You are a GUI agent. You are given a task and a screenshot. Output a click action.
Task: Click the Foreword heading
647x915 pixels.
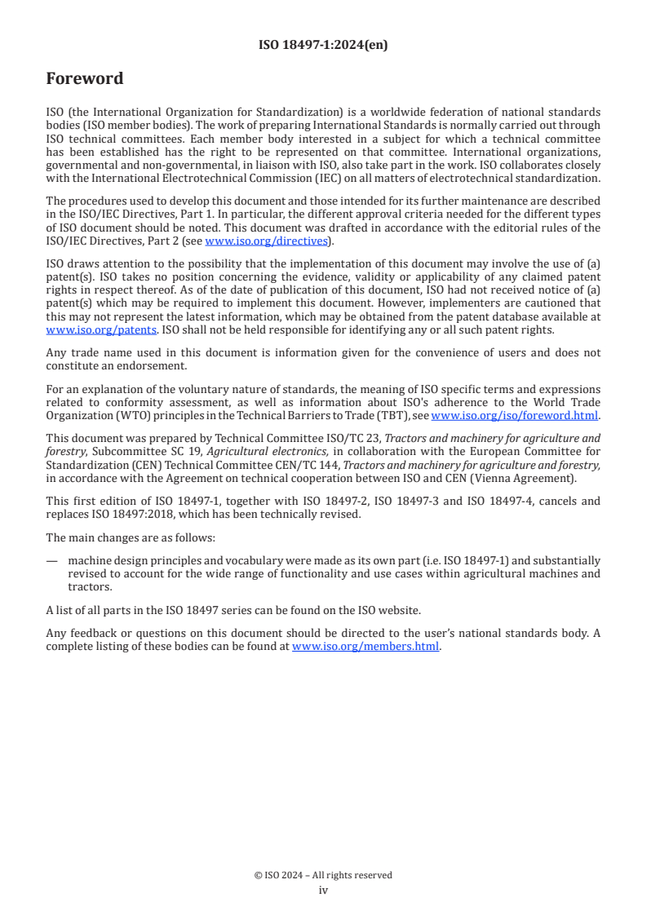coord(85,79)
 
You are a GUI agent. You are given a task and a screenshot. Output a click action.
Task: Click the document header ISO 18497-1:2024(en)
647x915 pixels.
coord(323,45)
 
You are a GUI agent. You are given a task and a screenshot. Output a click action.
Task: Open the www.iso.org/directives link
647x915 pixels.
coord(266,241)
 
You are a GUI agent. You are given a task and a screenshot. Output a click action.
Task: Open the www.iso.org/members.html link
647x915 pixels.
coord(366,646)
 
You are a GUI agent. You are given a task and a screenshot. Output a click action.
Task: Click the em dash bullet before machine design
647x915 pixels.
coord(52,560)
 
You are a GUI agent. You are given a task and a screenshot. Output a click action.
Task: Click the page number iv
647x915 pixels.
coord(323,890)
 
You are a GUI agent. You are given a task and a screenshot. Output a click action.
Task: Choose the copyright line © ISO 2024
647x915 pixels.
coord(323,875)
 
